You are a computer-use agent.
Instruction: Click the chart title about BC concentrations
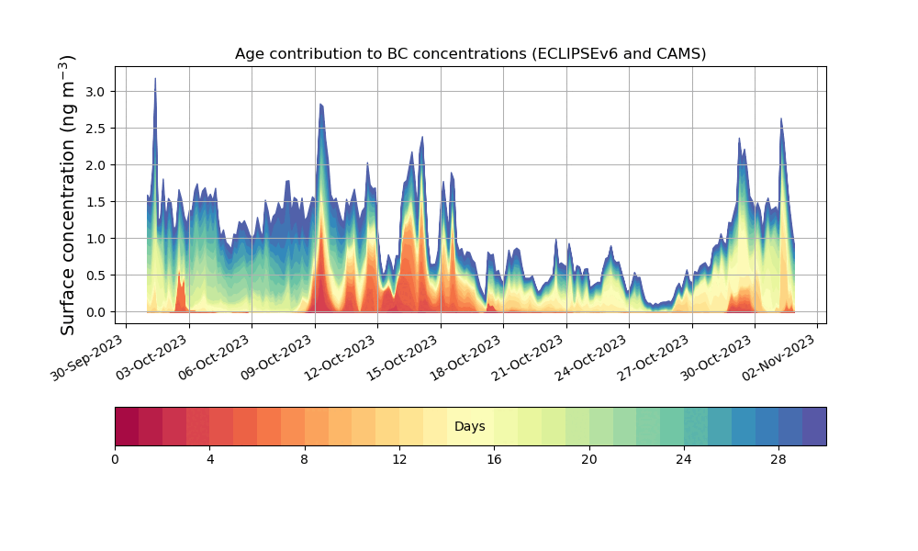point(470,53)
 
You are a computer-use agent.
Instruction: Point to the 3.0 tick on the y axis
point(95,92)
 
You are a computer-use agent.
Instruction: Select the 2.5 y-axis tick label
point(95,129)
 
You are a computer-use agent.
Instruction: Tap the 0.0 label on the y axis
point(95,312)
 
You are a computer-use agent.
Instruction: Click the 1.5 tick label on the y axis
point(95,202)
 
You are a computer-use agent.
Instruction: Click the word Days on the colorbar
point(470,427)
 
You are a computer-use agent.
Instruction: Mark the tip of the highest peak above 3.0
point(155,78)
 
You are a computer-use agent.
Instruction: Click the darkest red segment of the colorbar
point(127,426)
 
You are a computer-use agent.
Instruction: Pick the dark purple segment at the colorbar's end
point(814,426)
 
